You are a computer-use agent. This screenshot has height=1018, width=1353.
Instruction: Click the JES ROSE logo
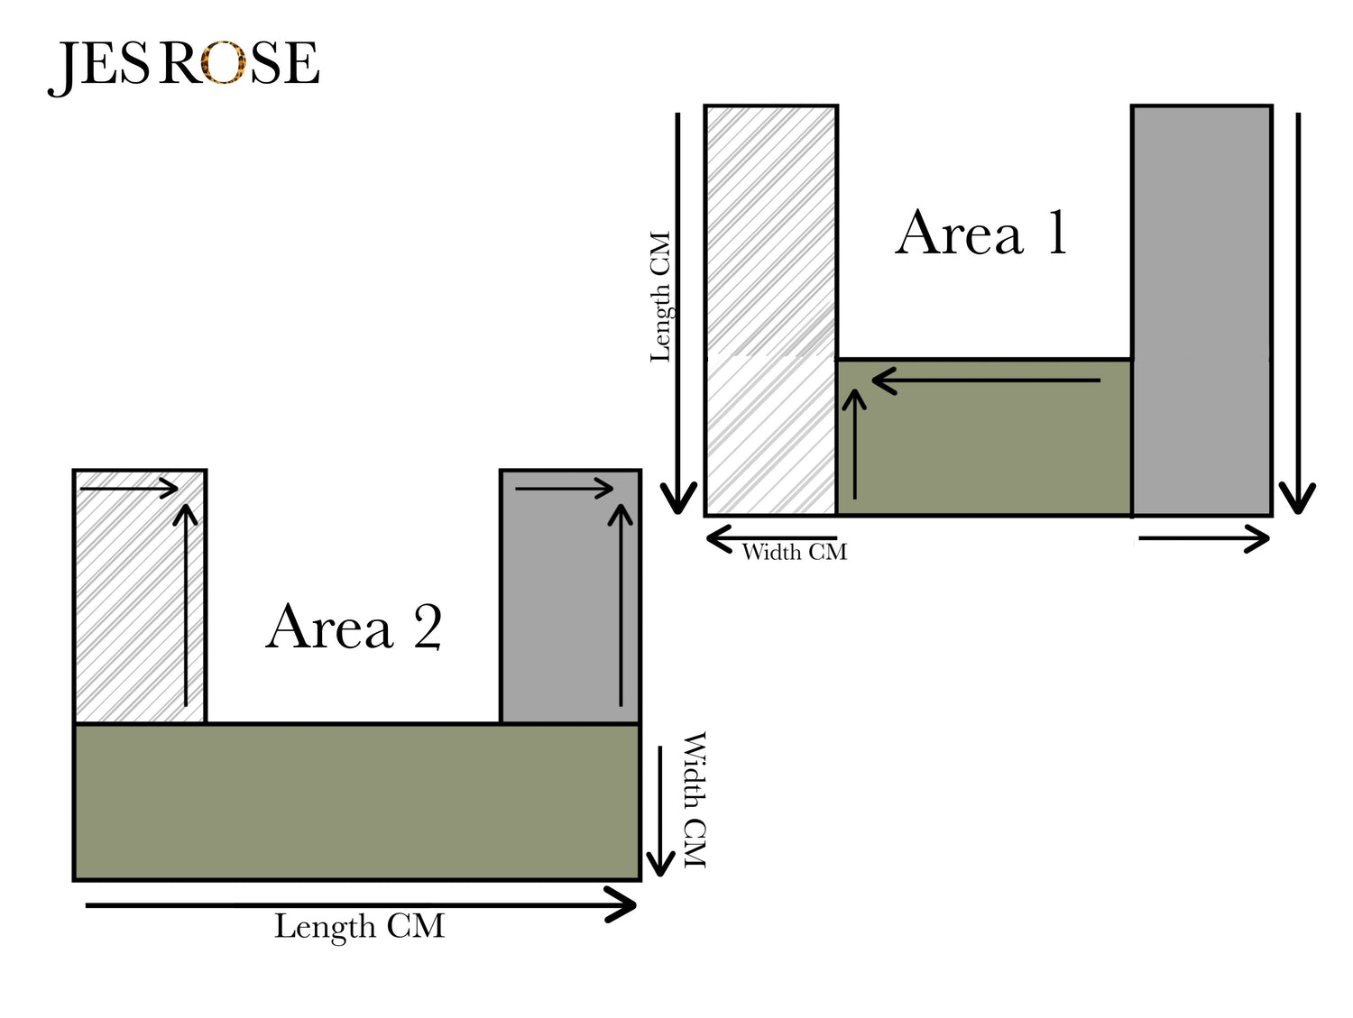185,64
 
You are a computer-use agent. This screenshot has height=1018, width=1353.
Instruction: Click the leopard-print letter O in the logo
223,64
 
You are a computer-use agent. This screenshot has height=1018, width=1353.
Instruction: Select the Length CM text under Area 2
359,927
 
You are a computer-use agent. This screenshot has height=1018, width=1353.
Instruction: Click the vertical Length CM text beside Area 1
661,297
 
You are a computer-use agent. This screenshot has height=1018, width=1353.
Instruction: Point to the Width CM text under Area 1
794,552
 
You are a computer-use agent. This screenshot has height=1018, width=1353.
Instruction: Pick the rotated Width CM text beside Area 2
694,800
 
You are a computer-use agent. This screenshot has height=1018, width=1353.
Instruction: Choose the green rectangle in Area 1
983,451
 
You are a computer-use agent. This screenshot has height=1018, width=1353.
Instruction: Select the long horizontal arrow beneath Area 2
361,904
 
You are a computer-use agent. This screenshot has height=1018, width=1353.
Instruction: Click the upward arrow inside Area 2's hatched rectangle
186,604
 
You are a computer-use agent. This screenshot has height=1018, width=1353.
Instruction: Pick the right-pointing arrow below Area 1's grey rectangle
1204,539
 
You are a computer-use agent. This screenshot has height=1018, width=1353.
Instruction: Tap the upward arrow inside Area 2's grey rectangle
621,604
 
